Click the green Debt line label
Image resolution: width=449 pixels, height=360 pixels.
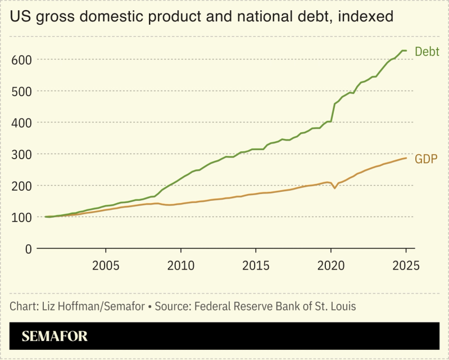click(x=427, y=52)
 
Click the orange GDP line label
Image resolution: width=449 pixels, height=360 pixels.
click(x=427, y=159)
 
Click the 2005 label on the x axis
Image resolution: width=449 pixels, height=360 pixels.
click(x=106, y=265)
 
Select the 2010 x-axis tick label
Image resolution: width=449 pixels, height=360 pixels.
click(x=181, y=265)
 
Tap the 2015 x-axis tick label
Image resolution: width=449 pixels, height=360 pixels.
click(x=256, y=265)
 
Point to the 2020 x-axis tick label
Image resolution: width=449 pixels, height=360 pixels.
click(x=331, y=265)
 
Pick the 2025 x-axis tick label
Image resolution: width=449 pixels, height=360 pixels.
click(x=406, y=265)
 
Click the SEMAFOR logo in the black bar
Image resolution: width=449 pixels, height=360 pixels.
click(x=55, y=336)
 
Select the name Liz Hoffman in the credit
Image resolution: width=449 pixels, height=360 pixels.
click(x=67, y=306)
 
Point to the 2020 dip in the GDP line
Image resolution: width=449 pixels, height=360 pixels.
click(x=335, y=187)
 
